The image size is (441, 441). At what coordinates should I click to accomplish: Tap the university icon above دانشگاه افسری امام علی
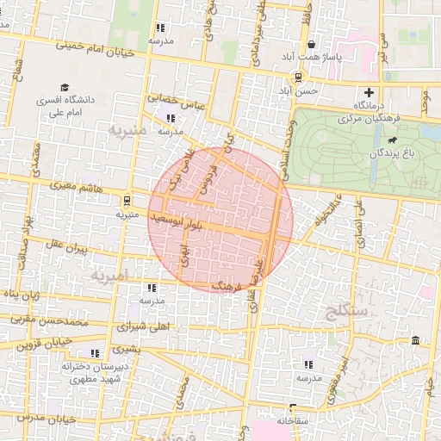click(64, 87)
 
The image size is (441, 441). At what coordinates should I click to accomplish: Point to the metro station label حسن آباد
click(307, 90)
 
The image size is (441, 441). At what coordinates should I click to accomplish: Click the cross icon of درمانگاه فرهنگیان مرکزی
click(370, 92)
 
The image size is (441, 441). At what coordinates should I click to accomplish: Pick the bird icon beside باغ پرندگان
click(392, 140)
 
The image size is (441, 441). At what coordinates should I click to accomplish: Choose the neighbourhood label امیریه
click(110, 276)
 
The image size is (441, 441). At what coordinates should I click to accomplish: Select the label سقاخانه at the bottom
click(294, 421)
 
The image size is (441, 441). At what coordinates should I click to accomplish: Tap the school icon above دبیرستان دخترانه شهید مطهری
click(92, 353)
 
